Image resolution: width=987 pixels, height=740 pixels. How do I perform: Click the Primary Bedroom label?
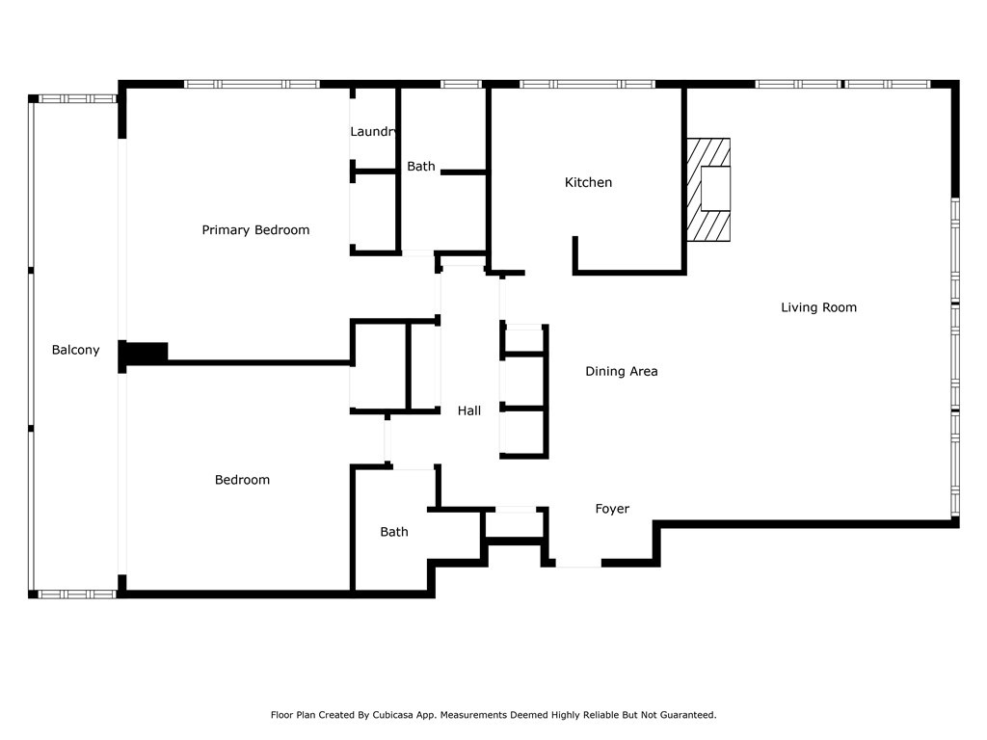[x=255, y=230]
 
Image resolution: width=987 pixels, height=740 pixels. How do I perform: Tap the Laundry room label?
[x=373, y=131]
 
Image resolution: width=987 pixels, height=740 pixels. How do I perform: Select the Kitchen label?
[x=588, y=182]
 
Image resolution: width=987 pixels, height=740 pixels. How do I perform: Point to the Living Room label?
[x=818, y=307]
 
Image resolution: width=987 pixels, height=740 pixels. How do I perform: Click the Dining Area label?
[x=622, y=371]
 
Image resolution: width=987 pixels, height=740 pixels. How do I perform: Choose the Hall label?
[x=469, y=410]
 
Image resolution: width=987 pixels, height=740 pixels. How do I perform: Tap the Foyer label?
[x=612, y=509]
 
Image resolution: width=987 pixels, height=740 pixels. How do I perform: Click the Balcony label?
[x=75, y=350]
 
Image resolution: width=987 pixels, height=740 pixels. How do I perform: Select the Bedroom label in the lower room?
[x=242, y=480]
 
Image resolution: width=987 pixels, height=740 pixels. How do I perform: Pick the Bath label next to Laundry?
[x=420, y=167]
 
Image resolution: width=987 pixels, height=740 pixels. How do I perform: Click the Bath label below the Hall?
[x=394, y=532]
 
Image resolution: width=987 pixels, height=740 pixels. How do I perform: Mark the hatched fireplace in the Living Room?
[x=708, y=190]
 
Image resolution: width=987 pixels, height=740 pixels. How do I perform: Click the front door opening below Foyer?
[x=578, y=563]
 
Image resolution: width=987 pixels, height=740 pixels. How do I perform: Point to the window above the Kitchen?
[x=587, y=84]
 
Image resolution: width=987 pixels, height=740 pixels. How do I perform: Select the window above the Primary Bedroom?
[x=252, y=84]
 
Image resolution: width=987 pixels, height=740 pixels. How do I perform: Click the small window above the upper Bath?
[x=461, y=84]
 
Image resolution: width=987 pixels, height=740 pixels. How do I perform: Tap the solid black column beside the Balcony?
[x=145, y=354]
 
